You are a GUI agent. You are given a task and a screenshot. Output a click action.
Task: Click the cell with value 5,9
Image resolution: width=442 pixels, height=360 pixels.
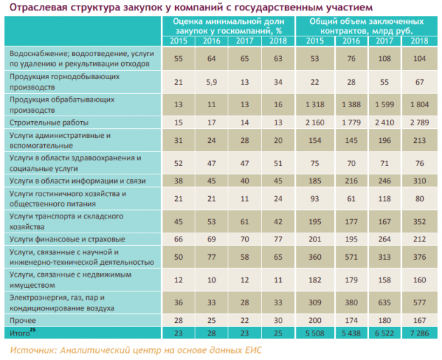(211, 81)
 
